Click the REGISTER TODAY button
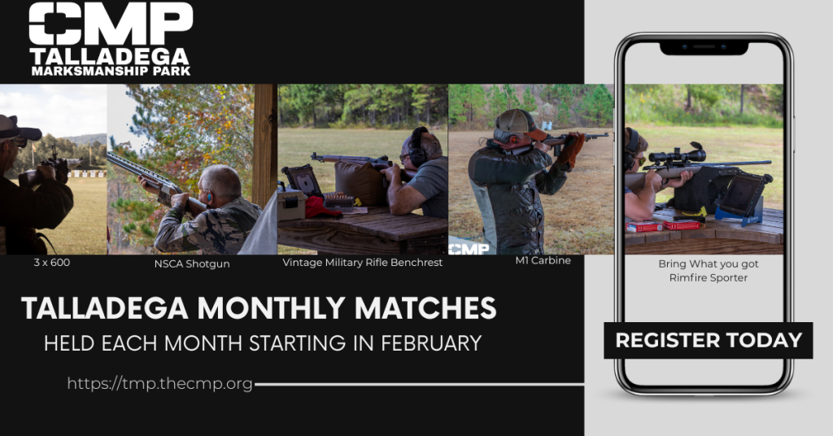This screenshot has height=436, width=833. tap(709, 340)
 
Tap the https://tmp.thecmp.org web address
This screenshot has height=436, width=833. tap(160, 383)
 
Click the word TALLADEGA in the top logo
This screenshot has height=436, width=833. tap(110, 56)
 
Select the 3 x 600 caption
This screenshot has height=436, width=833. tap(51, 263)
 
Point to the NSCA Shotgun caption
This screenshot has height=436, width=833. tap(192, 264)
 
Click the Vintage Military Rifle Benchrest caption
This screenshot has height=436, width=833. tap(362, 263)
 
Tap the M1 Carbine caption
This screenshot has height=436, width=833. tap(543, 260)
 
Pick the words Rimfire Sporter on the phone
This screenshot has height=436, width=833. tap(709, 277)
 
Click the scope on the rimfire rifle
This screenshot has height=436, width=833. tap(678, 155)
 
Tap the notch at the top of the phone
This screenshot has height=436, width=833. tap(704, 48)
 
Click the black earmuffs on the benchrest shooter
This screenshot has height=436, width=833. tap(418, 147)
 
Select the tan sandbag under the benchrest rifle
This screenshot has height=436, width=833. tap(360, 183)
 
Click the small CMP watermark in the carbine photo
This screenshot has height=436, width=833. tap(469, 249)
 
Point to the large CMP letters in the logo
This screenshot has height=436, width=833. tap(111, 24)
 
